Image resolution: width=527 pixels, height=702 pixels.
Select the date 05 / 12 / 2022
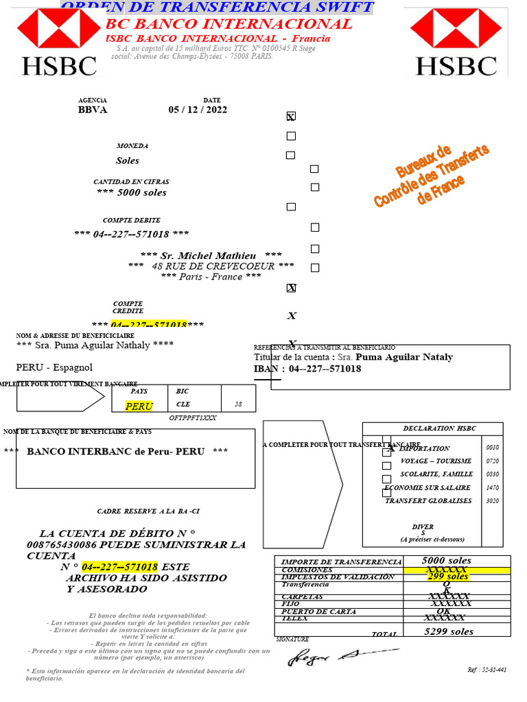pyautogui.click(x=198, y=110)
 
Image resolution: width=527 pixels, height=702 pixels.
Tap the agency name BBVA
pyautogui.click(x=93, y=110)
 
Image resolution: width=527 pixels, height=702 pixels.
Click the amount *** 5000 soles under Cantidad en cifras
pyautogui.click(x=132, y=193)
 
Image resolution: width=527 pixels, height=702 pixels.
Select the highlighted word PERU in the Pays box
pyautogui.click(x=139, y=406)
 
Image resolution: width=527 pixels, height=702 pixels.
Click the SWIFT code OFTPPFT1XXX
pyautogui.click(x=193, y=417)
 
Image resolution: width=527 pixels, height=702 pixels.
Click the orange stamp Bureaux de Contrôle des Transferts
pyautogui.click(x=432, y=177)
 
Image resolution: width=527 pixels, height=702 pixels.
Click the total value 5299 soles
pyautogui.click(x=449, y=631)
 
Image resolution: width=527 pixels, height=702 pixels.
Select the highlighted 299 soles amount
pyautogui.click(x=447, y=577)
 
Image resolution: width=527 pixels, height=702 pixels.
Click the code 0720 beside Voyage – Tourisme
pyautogui.click(x=493, y=461)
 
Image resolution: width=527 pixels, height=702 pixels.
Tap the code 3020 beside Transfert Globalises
pyautogui.click(x=493, y=500)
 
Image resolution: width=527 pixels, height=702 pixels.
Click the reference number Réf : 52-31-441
pyautogui.click(x=487, y=669)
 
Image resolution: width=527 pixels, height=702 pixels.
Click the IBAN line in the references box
pyautogui.click(x=307, y=369)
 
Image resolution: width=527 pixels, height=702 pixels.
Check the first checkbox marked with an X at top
pyautogui.click(x=291, y=117)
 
